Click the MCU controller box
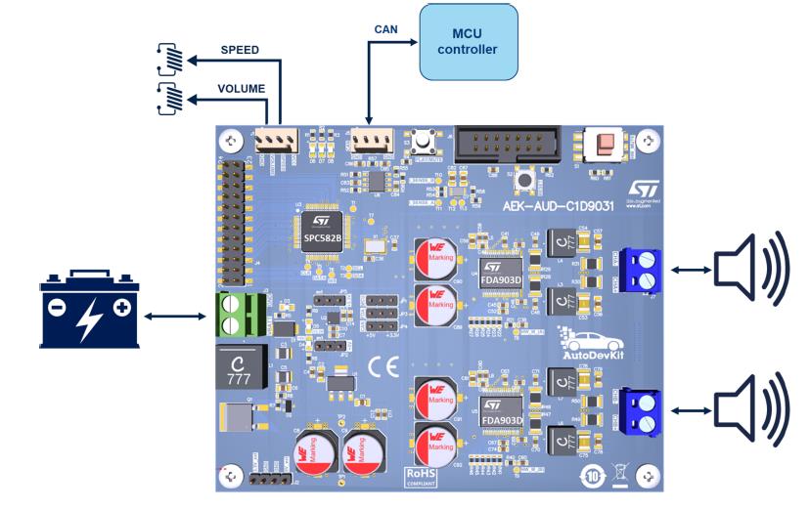pos(468,41)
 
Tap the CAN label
pos(385,29)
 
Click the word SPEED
pos(240,49)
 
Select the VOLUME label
pos(241,89)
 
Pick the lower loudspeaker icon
pos(751,408)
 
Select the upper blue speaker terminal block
pos(641,270)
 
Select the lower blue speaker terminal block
pos(641,410)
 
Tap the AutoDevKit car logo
pos(593,348)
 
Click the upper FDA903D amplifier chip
pos(502,264)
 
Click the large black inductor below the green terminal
pos(239,368)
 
